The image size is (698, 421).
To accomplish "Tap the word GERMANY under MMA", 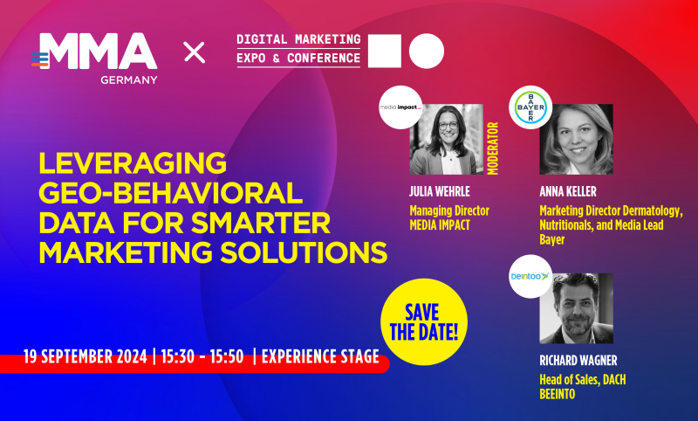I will click(127, 79).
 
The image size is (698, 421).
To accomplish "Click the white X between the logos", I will click(195, 52).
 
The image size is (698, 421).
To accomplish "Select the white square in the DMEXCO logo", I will click(385, 51).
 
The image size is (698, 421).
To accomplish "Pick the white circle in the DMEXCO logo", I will click(427, 51).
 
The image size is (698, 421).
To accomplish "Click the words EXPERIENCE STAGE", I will click(320, 356).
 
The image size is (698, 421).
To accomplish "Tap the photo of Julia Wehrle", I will click(446, 139).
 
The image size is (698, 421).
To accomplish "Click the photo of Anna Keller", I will click(576, 140).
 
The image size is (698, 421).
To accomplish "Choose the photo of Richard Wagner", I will click(576, 308).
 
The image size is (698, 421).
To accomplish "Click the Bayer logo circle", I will click(530, 109).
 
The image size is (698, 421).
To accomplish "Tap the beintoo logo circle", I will click(530, 278).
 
